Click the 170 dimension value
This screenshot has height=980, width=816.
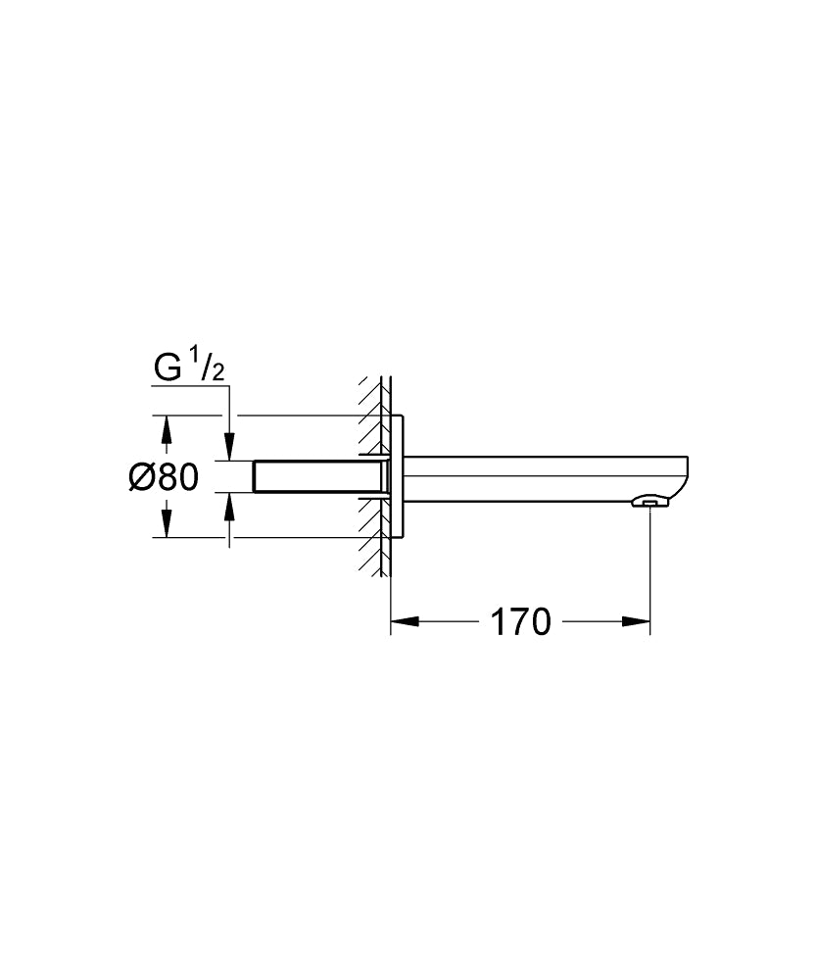pos(520,621)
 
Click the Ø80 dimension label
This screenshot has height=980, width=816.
pos(164,477)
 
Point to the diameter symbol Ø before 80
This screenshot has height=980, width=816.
pos(142,477)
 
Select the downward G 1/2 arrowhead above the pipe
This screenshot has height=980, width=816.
pos(229,447)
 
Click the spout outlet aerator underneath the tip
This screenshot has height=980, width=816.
pos(648,504)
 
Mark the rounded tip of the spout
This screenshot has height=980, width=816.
pos(687,477)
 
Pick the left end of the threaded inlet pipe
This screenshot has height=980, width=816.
pos(257,477)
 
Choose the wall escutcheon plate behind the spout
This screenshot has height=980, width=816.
pos(398,477)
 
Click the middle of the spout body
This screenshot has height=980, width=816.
pos(539,477)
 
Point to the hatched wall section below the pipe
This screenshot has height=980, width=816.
pos(371,549)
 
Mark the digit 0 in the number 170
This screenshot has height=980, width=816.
pos(538,621)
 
